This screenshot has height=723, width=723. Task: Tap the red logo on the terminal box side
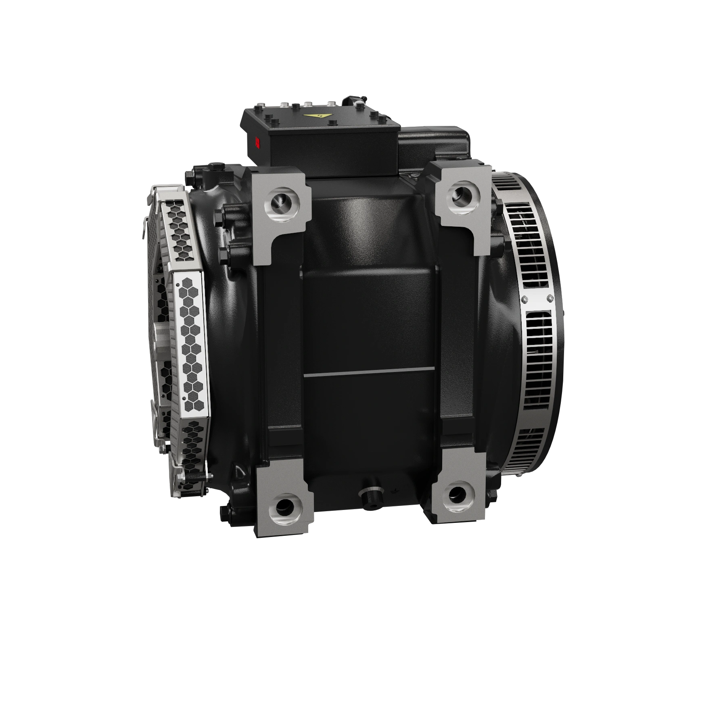click(x=257, y=142)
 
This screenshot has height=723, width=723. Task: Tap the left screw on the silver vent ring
click(x=524, y=299)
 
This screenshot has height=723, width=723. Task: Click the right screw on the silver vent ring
click(x=550, y=298)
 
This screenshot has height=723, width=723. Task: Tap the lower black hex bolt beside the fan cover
click(x=224, y=254)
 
